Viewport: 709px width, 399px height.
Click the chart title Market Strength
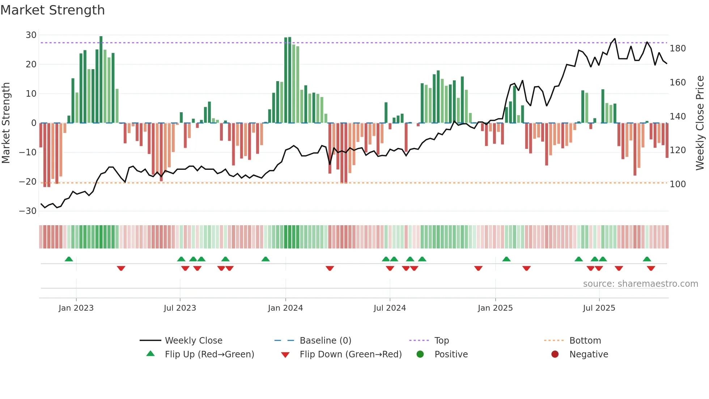(x=52, y=10)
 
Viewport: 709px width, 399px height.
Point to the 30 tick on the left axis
(x=31, y=35)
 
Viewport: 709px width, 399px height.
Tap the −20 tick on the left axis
(x=28, y=182)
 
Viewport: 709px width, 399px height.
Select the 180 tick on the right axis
(x=678, y=49)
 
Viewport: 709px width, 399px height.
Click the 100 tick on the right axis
(x=678, y=184)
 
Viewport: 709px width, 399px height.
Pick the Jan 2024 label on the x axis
(x=285, y=308)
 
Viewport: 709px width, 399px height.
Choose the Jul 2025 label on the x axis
(x=599, y=308)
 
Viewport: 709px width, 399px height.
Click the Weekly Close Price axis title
(x=700, y=123)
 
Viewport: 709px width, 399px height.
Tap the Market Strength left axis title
(x=6, y=123)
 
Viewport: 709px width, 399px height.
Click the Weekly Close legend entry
(x=193, y=341)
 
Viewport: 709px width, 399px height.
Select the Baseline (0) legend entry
(x=325, y=341)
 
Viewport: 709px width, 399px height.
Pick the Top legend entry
(x=441, y=341)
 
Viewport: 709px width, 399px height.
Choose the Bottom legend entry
(x=585, y=341)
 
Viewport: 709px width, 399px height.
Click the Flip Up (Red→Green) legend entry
(x=209, y=354)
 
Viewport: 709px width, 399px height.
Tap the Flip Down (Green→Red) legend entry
(x=351, y=354)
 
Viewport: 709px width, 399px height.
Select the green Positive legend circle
(x=420, y=354)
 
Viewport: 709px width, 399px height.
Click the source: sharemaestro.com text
(x=640, y=284)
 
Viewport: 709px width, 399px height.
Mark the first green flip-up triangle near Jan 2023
(x=69, y=259)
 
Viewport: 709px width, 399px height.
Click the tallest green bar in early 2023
(x=101, y=80)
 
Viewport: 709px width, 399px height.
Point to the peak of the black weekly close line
(x=615, y=39)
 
